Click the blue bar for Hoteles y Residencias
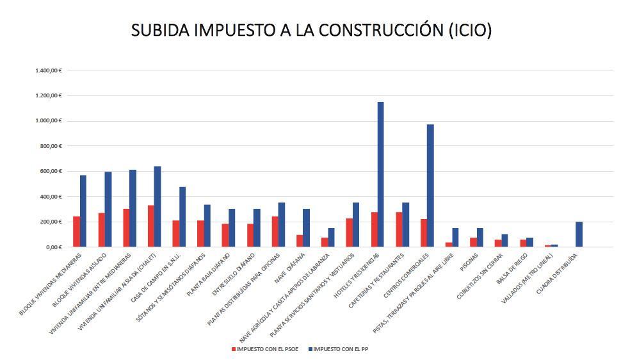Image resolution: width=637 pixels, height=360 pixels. (x=380, y=174)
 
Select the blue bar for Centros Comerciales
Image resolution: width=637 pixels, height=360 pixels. (x=430, y=186)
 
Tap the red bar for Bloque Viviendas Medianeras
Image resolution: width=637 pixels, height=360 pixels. (x=77, y=232)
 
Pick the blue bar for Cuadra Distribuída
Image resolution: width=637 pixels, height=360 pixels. (x=579, y=234)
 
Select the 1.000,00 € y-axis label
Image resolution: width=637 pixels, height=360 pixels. (x=49, y=120)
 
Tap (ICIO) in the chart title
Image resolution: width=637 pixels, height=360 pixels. (x=469, y=30)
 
